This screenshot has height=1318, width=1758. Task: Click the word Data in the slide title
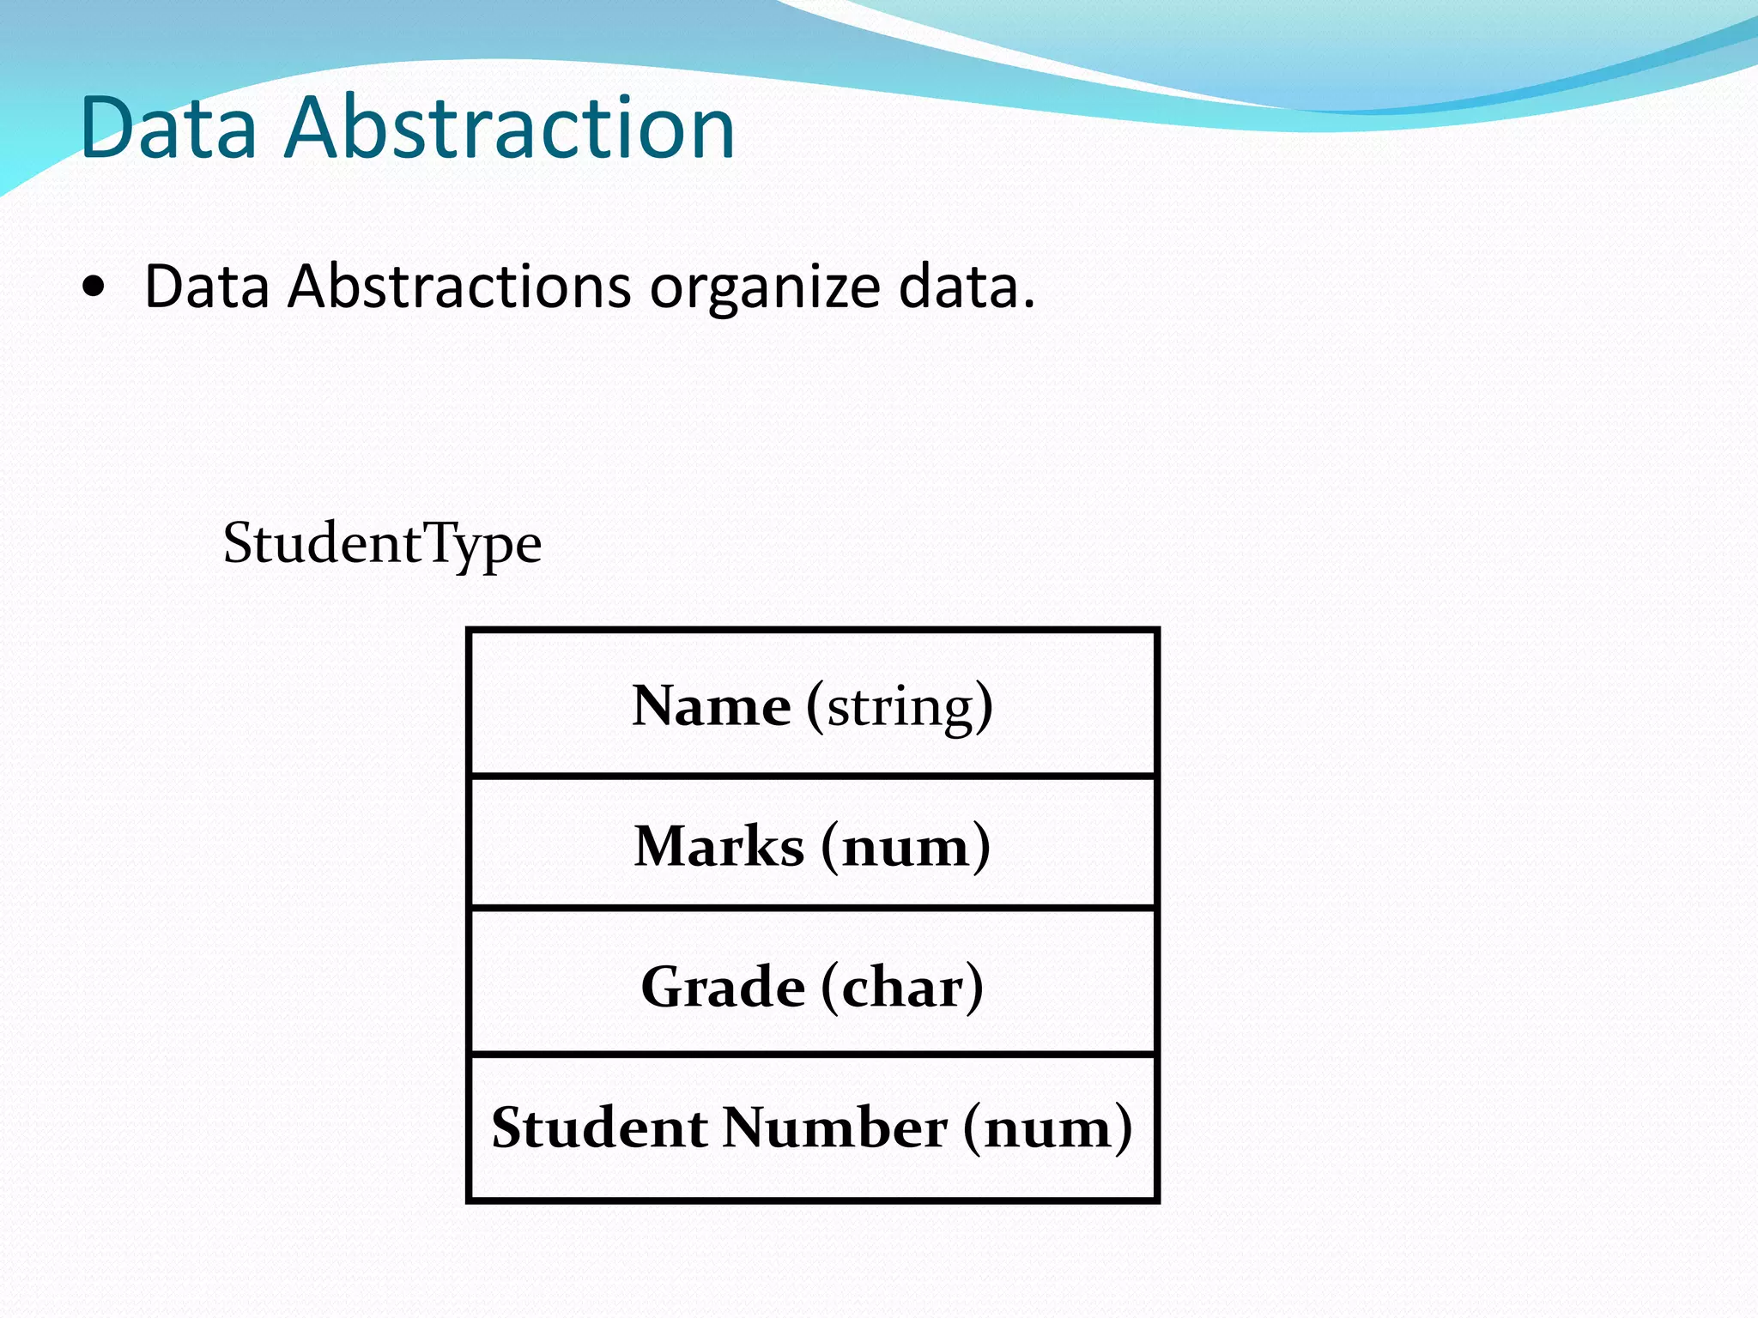168,128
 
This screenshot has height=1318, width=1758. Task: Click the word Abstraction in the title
509,128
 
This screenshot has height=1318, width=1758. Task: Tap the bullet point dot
94,287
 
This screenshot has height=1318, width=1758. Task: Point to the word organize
765,288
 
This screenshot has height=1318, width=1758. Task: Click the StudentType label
382,544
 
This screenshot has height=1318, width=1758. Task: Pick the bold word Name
711,706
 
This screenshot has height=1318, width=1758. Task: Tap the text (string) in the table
900,707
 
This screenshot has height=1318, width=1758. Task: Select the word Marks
719,847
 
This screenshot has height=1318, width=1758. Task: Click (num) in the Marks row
906,847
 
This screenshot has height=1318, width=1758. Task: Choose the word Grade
723,987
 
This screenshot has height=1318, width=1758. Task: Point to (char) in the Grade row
902,988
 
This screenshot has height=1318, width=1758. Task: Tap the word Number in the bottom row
834,1128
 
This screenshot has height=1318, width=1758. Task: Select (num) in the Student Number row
1047,1128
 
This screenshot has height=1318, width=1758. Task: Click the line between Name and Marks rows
813,776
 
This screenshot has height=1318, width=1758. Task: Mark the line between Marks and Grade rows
813,907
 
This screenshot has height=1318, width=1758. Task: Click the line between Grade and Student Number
813,1054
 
